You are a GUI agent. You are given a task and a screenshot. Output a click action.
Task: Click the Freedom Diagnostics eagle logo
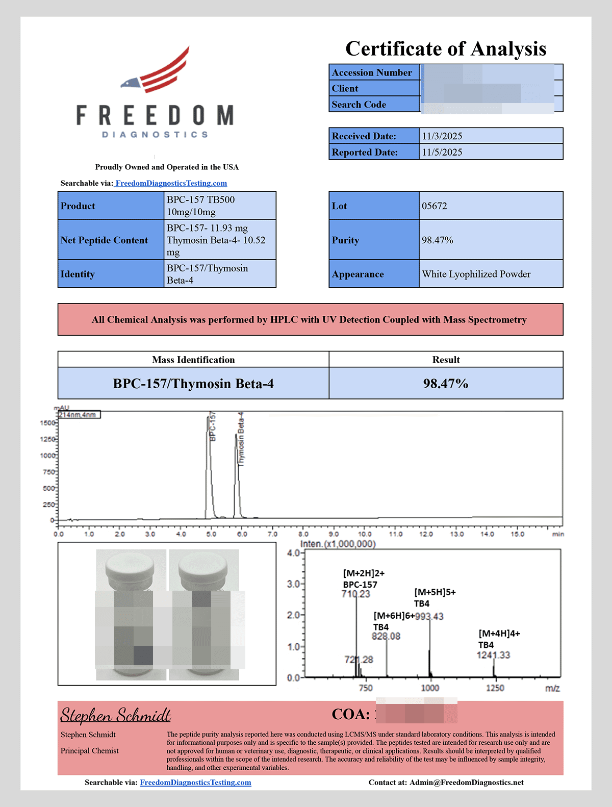click(156, 71)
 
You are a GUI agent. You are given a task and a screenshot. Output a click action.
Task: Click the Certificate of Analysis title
click(446, 49)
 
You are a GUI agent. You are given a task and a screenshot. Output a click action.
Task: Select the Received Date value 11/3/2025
click(442, 136)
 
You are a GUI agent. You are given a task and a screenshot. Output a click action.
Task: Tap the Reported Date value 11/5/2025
click(442, 152)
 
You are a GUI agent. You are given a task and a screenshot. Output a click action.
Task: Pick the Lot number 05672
click(435, 206)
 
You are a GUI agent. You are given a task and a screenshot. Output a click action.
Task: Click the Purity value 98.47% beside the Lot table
click(438, 240)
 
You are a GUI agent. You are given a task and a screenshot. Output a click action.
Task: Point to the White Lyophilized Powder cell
click(476, 274)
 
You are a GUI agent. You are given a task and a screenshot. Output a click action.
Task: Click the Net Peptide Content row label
click(104, 240)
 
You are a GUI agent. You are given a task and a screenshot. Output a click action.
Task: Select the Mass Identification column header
click(193, 360)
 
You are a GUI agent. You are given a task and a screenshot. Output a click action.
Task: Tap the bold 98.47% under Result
click(446, 384)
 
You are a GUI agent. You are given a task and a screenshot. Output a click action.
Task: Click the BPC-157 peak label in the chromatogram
click(213, 426)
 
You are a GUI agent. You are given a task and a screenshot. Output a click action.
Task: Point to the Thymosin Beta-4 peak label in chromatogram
click(241, 439)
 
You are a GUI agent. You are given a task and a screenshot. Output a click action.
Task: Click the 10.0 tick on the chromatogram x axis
click(365, 534)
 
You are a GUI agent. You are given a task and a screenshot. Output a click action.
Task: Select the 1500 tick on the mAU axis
click(47, 423)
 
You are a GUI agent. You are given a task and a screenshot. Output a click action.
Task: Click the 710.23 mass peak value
click(356, 594)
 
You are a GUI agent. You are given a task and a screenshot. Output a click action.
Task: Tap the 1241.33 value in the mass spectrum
click(493, 655)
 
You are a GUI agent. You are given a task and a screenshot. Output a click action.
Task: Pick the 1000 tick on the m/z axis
click(430, 688)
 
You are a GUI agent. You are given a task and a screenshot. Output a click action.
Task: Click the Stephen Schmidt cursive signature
click(116, 715)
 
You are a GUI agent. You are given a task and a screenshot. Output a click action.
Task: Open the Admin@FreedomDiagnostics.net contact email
click(466, 783)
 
